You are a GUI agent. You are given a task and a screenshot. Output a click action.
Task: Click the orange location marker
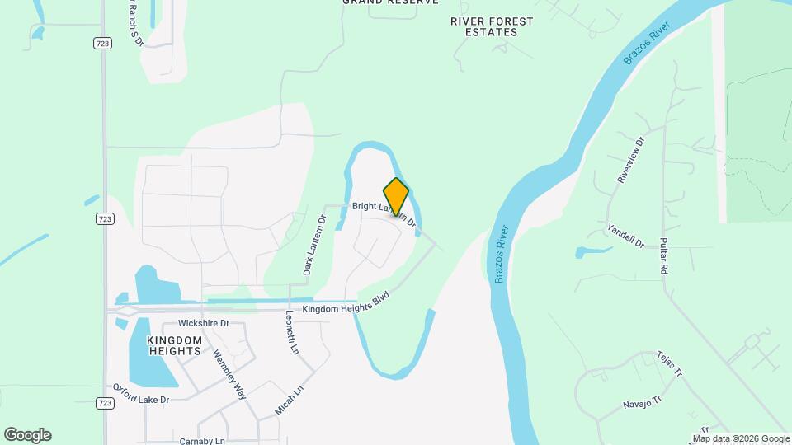tap(396, 196)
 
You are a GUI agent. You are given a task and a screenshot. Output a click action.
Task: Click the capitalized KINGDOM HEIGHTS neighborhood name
tap(174, 345)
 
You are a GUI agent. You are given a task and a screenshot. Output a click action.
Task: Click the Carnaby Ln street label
tap(202, 441)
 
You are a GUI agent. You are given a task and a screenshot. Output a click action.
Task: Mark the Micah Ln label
tap(288, 399)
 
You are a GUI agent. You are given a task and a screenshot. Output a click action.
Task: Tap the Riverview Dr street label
tap(629, 160)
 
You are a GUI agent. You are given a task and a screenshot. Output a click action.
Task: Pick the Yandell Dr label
tap(625, 235)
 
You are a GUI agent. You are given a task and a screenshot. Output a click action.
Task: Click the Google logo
tap(27, 435)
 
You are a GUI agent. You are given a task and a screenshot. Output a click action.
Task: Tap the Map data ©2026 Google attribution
tap(741, 438)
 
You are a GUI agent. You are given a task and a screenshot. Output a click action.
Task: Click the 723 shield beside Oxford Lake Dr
tap(104, 403)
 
